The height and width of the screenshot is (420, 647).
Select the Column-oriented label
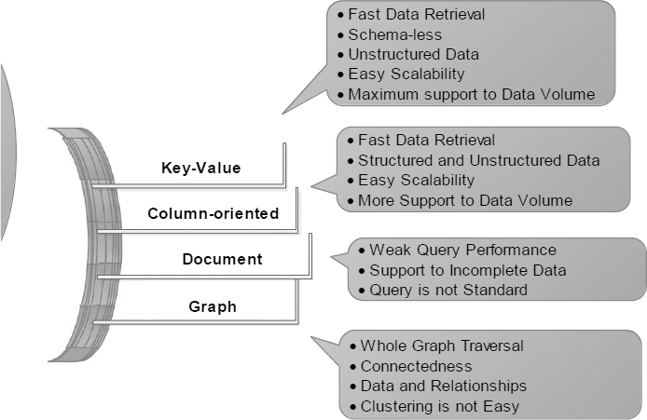point(213,213)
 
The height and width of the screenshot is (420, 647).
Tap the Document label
point(223,258)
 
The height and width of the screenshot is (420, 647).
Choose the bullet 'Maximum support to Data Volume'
point(470,94)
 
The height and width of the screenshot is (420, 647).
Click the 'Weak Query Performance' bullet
point(462,250)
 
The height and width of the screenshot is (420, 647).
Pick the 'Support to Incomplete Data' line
point(468,270)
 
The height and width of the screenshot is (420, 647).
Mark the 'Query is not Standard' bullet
point(447,290)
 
